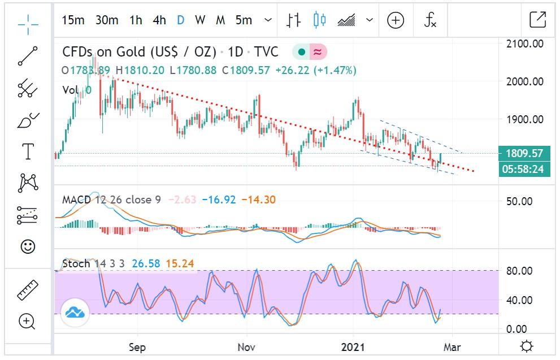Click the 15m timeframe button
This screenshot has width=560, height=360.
[x=73, y=20]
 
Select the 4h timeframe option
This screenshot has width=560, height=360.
[x=159, y=20]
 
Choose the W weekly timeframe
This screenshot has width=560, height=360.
[x=200, y=20]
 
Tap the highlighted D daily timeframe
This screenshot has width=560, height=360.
[x=180, y=20]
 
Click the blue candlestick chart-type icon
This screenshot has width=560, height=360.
[x=320, y=20]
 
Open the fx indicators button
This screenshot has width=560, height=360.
[x=431, y=20]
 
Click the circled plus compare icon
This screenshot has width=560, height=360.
[x=396, y=20]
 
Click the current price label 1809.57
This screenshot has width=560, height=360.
[x=524, y=153]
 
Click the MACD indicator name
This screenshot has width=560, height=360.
[x=76, y=199]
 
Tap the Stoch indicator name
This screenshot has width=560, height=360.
[x=76, y=263]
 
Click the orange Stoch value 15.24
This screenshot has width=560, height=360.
[x=177, y=263]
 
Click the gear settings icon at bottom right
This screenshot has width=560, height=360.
[x=527, y=346]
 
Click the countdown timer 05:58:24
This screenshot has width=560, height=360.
[x=524, y=168]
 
